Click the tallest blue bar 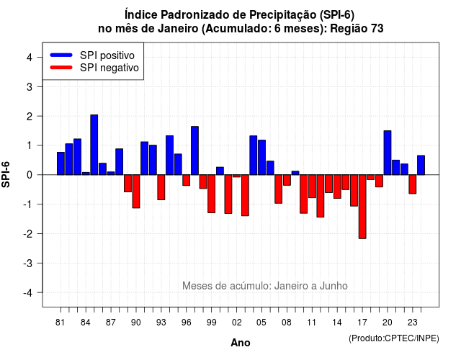tap(94, 145)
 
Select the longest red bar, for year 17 tap(362, 207)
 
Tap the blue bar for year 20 tap(388, 153)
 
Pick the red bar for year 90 tap(136, 192)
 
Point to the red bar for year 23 tap(413, 184)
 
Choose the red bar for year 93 tap(161, 187)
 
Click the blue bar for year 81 tap(61, 163)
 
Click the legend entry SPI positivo tap(107, 55)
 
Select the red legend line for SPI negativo tap(61, 68)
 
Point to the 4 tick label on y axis tap(30, 58)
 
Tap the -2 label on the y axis tap(27, 233)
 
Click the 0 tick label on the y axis tap(30, 175)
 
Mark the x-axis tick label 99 tap(211, 323)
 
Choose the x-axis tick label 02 tap(237, 323)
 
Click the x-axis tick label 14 tap(337, 323)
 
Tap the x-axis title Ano tap(240, 343)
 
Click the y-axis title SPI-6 tap(6, 174)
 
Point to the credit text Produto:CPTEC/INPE tap(394, 338)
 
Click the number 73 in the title tap(377, 29)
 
